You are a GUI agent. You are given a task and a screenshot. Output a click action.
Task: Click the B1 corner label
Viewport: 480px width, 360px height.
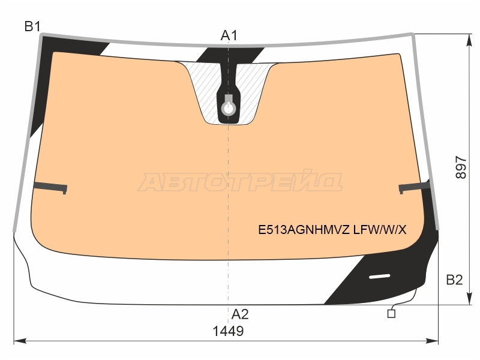tap(32, 26)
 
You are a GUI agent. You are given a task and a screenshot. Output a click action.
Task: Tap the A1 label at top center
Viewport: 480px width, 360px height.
tap(229, 35)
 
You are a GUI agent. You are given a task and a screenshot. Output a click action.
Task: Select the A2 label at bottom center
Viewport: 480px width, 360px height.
tap(240, 314)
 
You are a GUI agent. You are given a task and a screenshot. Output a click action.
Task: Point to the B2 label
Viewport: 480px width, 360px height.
tap(454, 280)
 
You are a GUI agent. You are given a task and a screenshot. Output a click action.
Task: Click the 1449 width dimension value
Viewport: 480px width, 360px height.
tap(228, 331)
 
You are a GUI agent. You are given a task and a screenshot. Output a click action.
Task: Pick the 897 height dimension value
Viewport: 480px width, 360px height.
tap(461, 167)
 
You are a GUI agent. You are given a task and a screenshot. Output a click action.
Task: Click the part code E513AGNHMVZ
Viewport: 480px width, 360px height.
tap(304, 230)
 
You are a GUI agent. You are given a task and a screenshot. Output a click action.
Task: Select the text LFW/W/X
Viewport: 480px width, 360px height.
tap(380, 230)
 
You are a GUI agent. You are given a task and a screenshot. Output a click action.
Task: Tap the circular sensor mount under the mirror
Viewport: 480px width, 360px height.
tap(229, 109)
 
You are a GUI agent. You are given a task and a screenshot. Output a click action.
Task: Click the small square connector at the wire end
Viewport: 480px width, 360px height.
tap(391, 314)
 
